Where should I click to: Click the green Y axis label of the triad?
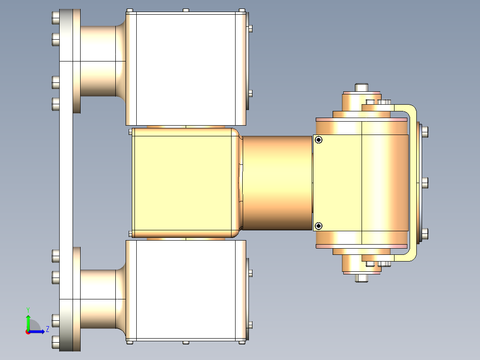(x=28, y=309)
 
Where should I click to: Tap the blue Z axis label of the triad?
(x=47, y=330)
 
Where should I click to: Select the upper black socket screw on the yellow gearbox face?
(x=318, y=140)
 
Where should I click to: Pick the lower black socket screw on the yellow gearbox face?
(x=318, y=226)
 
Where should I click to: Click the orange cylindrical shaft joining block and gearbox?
(x=277, y=183)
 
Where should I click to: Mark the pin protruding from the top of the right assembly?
(x=362, y=87)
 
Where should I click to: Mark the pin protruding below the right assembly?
(x=362, y=278)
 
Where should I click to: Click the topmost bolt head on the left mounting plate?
(x=55, y=18)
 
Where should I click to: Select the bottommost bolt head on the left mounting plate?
(x=55, y=342)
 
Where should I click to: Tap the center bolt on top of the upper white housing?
(x=186, y=10)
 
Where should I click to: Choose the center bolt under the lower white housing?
(x=186, y=342)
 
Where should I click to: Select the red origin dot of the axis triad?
(x=28, y=331)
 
